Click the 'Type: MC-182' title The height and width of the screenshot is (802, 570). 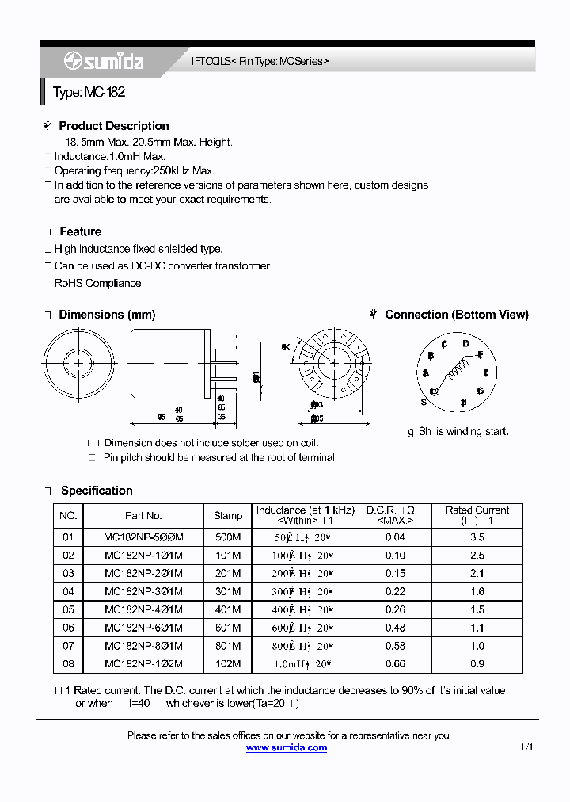pos(89,93)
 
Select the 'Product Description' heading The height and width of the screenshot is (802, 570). pos(113,126)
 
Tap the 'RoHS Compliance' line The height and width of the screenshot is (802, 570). pos(97,283)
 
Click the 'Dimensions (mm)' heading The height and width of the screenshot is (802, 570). pos(107,315)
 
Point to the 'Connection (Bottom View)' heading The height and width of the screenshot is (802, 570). pos(456,315)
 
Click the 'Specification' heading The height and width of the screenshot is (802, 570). pos(97,491)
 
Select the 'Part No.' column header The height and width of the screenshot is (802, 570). pos(143,516)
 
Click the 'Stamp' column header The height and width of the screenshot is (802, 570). pos(228,516)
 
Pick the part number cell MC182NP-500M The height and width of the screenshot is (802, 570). pos(143,537)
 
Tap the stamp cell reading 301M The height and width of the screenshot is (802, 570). pos(228,592)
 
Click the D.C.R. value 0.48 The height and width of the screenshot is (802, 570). pos(395,628)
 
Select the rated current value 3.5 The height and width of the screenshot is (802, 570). pos(477,537)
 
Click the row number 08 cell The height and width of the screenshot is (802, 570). pos(68,664)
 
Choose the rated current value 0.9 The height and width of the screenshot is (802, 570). pos(477,664)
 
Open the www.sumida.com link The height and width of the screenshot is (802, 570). pos(287,748)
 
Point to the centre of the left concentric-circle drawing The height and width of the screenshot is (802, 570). pos(78,363)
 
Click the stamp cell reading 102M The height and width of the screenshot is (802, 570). pos(228,664)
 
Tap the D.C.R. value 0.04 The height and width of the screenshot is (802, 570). pos(395,537)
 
